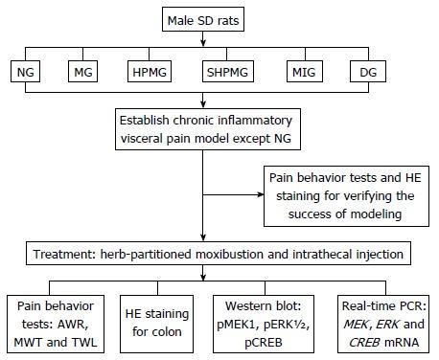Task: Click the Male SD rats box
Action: coord(219,17)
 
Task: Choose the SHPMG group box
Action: coord(229,71)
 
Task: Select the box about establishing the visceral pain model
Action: coord(220,126)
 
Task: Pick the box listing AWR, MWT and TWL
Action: coord(56,323)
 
